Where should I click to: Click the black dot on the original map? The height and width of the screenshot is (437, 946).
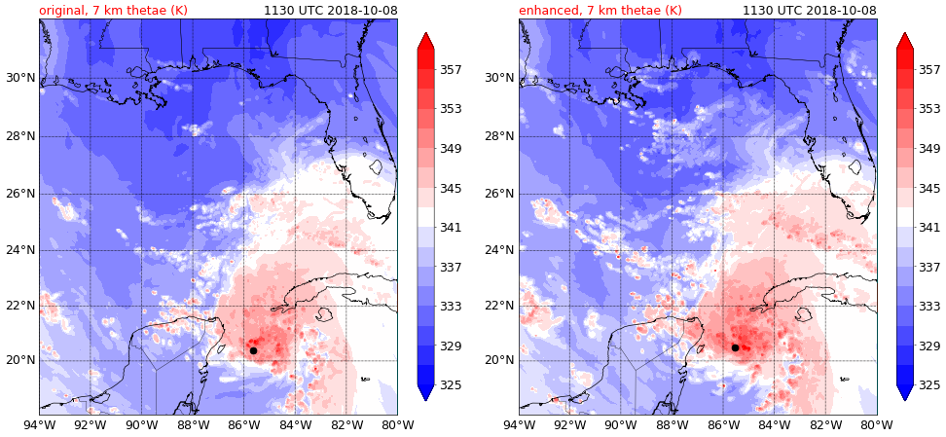[253, 350]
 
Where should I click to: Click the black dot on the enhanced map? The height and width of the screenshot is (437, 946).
[735, 347]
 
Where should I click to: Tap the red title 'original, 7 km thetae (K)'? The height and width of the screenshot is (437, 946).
[113, 11]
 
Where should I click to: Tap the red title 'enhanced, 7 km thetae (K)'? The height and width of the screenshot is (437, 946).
[600, 11]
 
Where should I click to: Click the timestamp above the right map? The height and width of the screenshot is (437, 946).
[810, 11]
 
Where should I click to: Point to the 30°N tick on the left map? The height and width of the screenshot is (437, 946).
[18, 78]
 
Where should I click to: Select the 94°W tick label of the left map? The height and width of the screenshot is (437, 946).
[39, 424]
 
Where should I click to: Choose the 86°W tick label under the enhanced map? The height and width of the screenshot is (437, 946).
[723, 424]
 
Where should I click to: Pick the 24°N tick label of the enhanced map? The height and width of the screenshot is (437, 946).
[498, 250]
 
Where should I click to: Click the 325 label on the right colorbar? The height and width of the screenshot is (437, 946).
[928, 385]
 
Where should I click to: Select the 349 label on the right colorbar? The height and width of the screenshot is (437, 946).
[928, 149]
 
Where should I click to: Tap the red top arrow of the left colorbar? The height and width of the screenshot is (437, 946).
[426, 40]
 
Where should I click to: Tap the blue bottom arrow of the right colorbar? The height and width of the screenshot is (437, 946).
[905, 392]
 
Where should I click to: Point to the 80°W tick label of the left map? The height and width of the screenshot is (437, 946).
[397, 424]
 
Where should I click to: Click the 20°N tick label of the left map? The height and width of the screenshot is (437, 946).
[18, 360]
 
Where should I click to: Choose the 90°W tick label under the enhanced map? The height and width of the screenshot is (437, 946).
[621, 424]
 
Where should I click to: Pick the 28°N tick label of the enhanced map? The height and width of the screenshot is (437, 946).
[498, 135]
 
